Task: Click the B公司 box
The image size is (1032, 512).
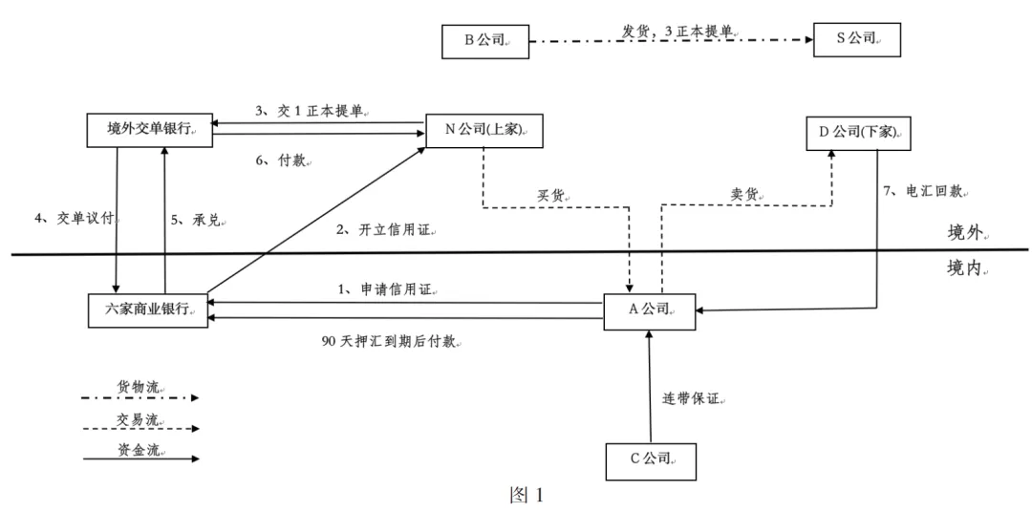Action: pyautogui.click(x=484, y=40)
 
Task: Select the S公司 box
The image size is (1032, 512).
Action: pyautogui.click(x=857, y=40)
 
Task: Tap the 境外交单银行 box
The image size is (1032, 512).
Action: pyautogui.click(x=148, y=130)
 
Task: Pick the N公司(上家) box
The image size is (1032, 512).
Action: pyautogui.click(x=484, y=130)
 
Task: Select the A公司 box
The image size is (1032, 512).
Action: pyautogui.click(x=649, y=309)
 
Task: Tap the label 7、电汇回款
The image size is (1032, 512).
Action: pyautogui.click(x=923, y=192)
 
